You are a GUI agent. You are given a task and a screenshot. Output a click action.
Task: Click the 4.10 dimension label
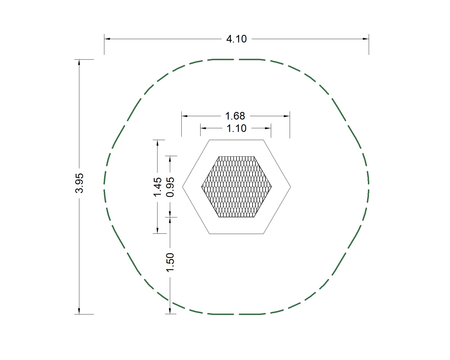coord(237,39)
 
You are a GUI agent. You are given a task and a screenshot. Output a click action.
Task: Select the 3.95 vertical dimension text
coord(80,183)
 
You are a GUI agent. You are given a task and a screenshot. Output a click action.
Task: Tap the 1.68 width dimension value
coord(235,116)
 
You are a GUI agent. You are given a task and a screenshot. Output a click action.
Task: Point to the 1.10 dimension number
coord(237,129)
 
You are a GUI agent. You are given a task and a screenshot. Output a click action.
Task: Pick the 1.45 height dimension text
coord(157,187)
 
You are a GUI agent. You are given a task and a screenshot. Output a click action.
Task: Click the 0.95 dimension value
coord(170,187)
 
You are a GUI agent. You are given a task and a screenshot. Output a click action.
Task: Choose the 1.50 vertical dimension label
coord(170,262)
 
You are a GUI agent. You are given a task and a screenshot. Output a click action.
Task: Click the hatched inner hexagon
coord(237,187)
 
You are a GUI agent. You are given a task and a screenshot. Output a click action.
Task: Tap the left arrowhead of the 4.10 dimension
coord(107,39)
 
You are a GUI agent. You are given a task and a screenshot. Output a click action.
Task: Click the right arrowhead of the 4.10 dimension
coord(366,39)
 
